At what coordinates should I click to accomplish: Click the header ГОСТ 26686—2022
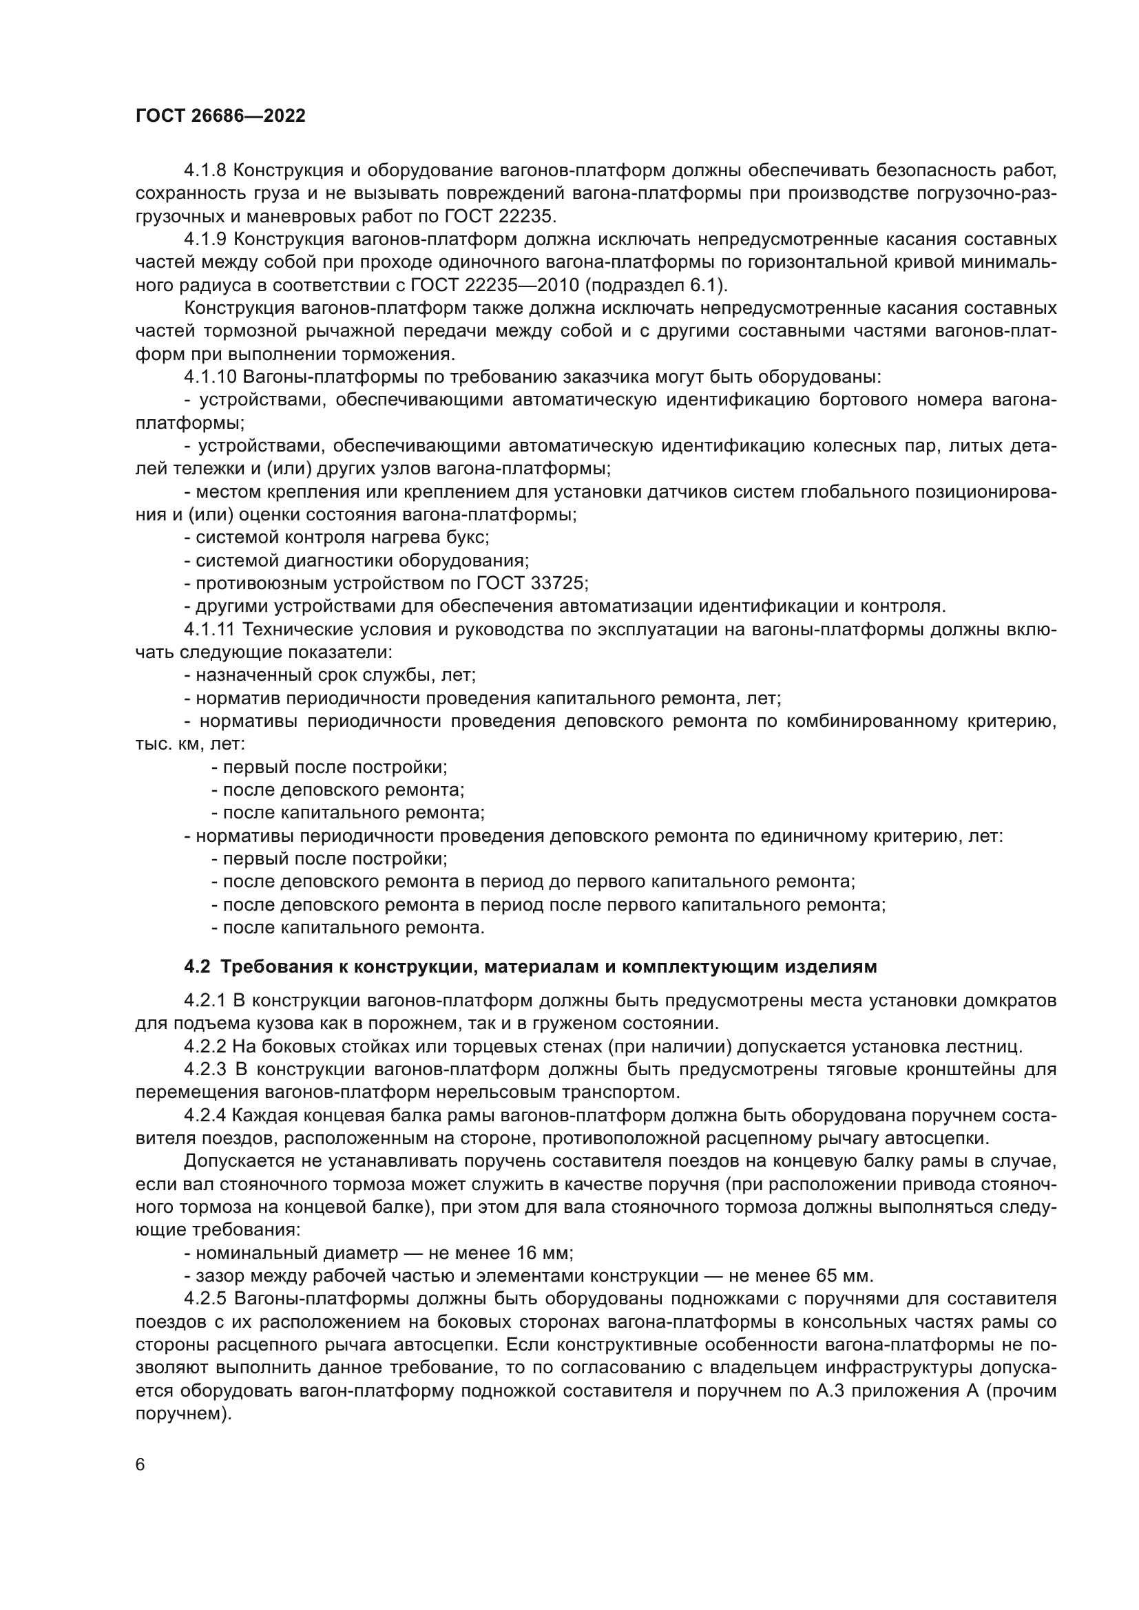(x=220, y=116)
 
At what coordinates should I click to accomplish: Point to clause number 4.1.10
(x=211, y=377)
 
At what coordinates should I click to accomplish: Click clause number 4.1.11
(x=210, y=630)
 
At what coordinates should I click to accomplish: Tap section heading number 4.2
(x=197, y=967)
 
